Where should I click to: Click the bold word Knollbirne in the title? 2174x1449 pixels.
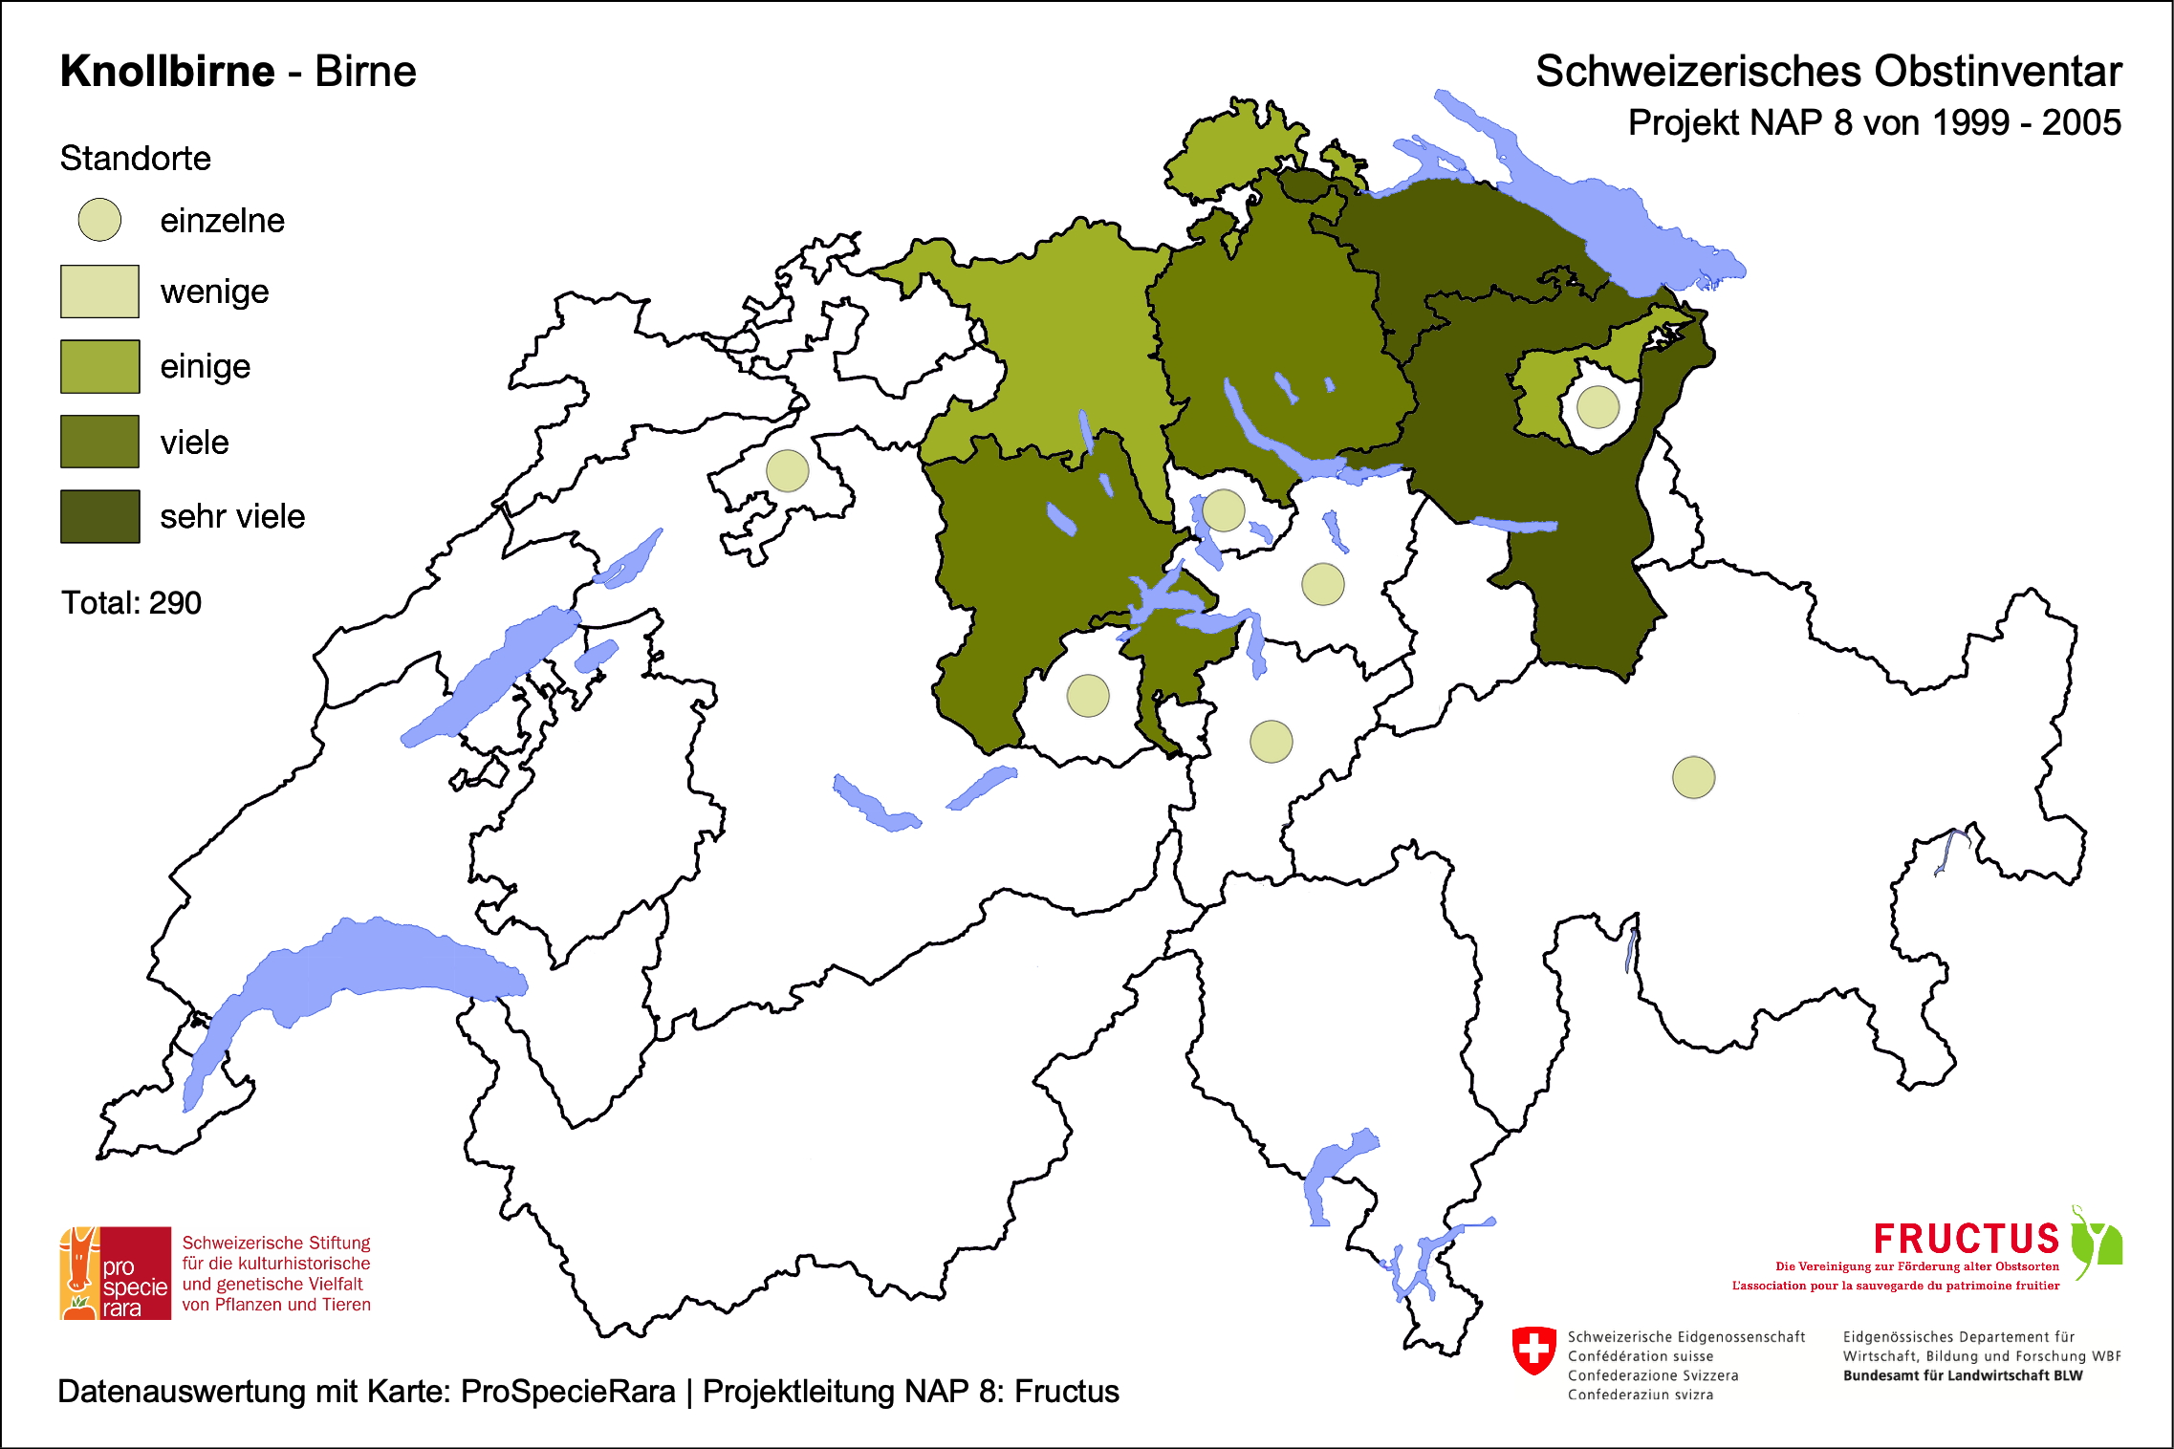pyautogui.click(x=167, y=72)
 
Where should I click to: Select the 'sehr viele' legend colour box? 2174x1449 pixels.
pyautogui.click(x=100, y=516)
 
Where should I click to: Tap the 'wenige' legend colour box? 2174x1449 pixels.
pyautogui.click(x=100, y=292)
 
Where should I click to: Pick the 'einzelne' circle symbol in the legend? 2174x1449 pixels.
pyautogui.click(x=99, y=220)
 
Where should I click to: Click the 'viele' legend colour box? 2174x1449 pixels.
pyautogui.click(x=100, y=442)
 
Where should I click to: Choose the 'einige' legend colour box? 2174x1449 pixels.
pyautogui.click(x=100, y=366)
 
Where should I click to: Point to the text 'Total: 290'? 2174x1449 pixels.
pyautogui.click(x=131, y=603)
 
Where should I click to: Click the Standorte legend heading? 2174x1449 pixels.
pyautogui.click(x=135, y=159)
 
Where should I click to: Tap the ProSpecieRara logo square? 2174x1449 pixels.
pyautogui.click(x=116, y=1273)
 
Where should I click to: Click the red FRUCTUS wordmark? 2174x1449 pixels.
pyautogui.click(x=1966, y=1239)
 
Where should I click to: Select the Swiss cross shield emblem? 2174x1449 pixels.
pyautogui.click(x=1534, y=1350)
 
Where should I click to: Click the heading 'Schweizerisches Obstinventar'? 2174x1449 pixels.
pyautogui.click(x=1828, y=72)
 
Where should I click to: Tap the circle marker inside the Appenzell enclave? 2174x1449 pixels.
pyautogui.click(x=1598, y=406)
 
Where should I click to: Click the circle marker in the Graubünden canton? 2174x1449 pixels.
pyautogui.click(x=1693, y=777)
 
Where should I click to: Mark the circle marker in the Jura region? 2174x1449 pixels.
pyautogui.click(x=788, y=470)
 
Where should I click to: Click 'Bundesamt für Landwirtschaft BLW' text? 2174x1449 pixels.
pyautogui.click(x=1962, y=1375)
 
